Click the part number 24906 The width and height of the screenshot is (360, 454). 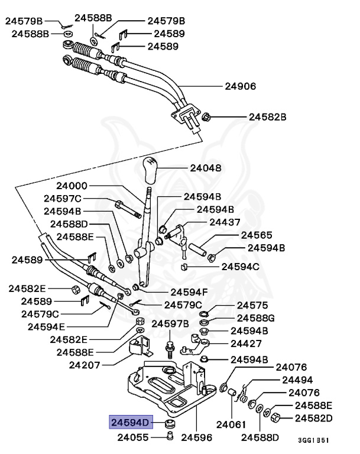pos(240,86)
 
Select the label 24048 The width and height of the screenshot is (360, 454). pos(205,168)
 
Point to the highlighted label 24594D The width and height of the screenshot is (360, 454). pos(130,422)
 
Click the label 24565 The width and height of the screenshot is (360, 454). pos(256,235)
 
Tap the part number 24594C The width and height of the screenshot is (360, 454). pos(240,267)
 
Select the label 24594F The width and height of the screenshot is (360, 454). pos(189,291)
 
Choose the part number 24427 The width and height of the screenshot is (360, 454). pos(247,343)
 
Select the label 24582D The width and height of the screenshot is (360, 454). pos(314,418)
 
